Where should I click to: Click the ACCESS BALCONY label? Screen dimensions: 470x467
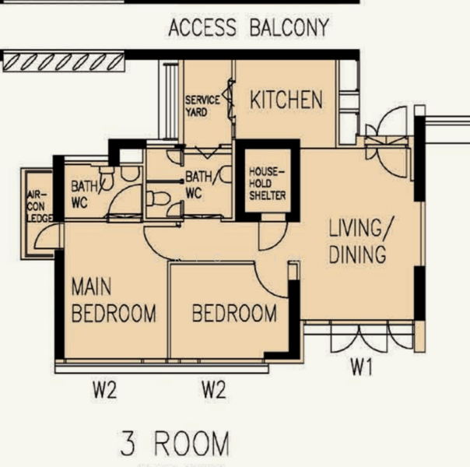click(249, 27)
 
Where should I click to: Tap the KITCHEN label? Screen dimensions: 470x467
click(286, 100)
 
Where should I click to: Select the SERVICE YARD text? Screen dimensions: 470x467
click(202, 106)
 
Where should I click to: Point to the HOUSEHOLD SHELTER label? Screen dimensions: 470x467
click(268, 184)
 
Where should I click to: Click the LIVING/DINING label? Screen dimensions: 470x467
click(360, 241)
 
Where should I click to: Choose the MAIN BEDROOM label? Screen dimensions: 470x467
click(114, 300)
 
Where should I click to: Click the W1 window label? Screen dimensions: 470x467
click(362, 367)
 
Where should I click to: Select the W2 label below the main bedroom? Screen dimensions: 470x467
click(104, 390)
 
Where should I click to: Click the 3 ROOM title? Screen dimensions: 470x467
click(175, 444)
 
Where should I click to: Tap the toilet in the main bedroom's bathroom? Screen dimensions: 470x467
click(107, 177)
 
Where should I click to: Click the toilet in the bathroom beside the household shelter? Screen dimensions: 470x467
click(158, 198)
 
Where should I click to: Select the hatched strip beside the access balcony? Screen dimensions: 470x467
click(64, 61)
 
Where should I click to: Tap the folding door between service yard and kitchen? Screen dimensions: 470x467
click(231, 100)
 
